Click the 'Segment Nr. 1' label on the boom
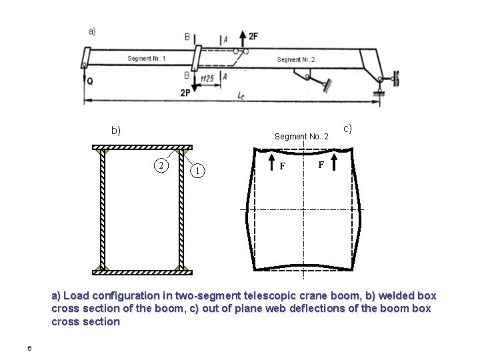coord(147,59)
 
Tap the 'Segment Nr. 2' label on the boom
coord(296,60)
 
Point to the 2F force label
coord(253,35)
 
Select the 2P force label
coord(185,93)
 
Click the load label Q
coord(89,82)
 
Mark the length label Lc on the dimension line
coord(240,95)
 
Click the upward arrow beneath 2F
coord(243,41)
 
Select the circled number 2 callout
coord(161,165)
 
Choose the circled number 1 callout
coord(198,171)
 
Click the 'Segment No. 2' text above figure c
coord(301,137)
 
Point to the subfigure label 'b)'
coord(116,130)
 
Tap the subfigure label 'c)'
coord(347,127)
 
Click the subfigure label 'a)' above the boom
coord(92,31)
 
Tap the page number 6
coord(29,347)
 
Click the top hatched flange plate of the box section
coord(141,147)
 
